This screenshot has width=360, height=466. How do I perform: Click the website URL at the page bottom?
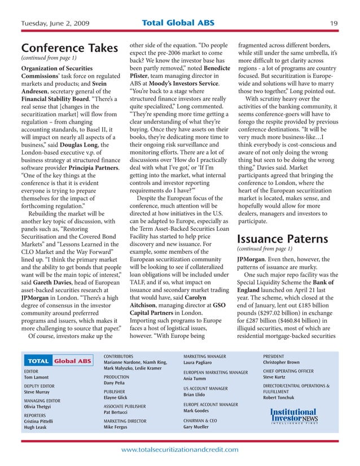(180, 449)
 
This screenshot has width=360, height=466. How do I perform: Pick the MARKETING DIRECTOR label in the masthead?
(125, 421)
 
